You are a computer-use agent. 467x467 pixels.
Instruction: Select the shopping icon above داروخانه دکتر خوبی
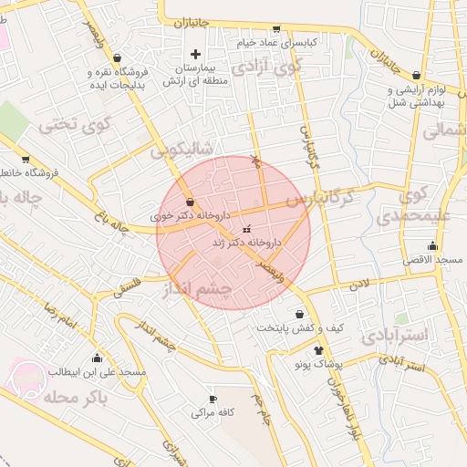190,202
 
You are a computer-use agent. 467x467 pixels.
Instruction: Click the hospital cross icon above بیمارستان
194,55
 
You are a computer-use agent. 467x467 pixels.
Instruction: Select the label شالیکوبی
182,146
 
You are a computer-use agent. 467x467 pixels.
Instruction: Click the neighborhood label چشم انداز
196,289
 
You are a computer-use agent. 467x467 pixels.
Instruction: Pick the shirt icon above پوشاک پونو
318,349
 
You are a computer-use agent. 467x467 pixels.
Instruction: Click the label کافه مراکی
213,412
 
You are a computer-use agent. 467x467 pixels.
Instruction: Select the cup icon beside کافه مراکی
213,400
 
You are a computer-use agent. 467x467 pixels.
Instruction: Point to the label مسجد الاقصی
436,260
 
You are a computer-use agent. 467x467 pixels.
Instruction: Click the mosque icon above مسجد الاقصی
432,245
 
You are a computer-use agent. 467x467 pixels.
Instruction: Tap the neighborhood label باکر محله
101,399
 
